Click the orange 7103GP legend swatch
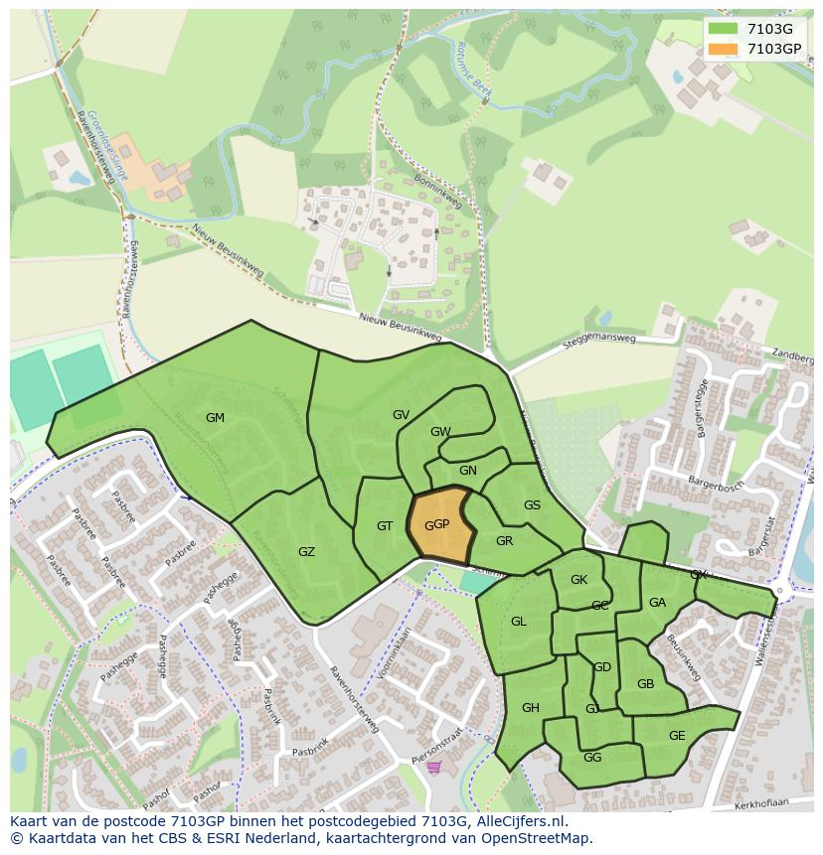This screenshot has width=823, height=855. coord(723,49)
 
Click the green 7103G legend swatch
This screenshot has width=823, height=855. coord(723,29)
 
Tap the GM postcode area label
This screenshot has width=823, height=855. coord(215,418)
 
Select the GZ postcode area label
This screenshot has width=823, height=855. coord(306,551)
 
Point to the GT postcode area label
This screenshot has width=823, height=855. coord(385,526)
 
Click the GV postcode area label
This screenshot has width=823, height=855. coord(401,415)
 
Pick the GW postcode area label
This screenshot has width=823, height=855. coord(440,432)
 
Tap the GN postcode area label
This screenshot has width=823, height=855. coord(468,471)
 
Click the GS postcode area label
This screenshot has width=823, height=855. coord(532,505)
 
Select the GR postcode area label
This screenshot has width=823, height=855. coord(504,541)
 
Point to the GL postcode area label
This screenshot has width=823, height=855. coord(518,622)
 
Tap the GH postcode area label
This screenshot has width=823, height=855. coord(530,707)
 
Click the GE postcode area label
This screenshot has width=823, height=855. coord(677,736)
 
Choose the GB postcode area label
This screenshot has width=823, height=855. coord(645,684)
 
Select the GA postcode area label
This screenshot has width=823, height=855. coord(657,603)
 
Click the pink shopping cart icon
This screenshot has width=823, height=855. coord(433,767)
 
